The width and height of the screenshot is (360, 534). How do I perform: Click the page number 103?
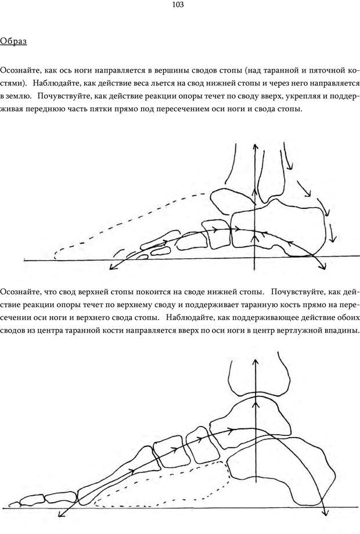click(178, 5)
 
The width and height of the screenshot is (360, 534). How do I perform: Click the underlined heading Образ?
click(13, 41)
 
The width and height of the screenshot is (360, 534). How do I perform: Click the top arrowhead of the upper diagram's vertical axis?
click(255, 146)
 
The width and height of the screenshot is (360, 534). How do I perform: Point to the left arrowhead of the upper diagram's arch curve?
click(111, 267)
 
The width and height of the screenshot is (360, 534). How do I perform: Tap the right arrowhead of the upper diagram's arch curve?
click(322, 266)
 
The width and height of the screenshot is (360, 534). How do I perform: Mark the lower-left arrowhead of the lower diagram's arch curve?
click(62, 514)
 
